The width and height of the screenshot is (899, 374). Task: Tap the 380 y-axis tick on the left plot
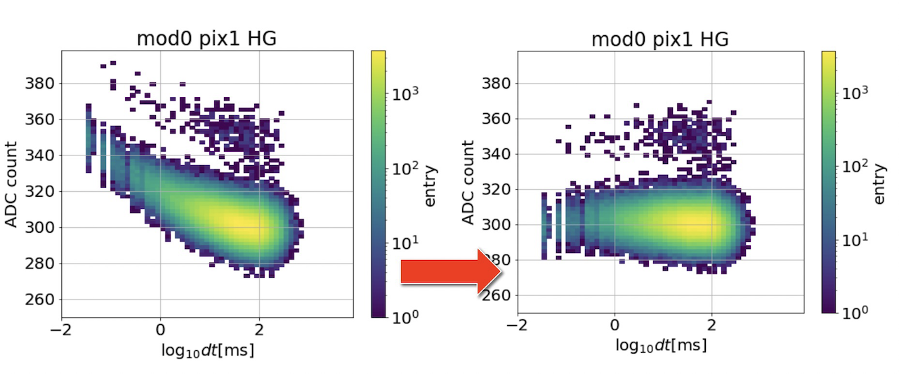point(39,83)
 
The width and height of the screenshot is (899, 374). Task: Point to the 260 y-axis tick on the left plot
point(39,299)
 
